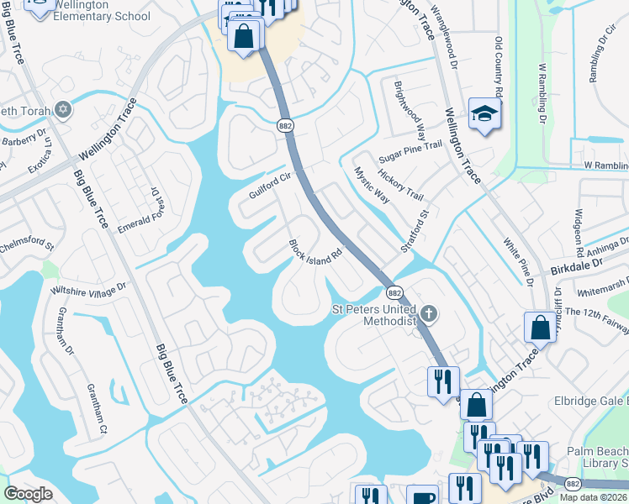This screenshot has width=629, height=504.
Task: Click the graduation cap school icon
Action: [484, 115]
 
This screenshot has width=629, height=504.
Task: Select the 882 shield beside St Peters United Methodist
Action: [394, 292]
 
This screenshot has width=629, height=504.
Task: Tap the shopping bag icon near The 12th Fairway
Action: [539, 325]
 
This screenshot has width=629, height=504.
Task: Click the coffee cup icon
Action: [423, 496]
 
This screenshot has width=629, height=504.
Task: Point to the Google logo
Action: [29, 494]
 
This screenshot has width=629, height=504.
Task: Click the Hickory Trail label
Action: [400, 184]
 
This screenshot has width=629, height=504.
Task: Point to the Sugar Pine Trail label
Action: [410, 146]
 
